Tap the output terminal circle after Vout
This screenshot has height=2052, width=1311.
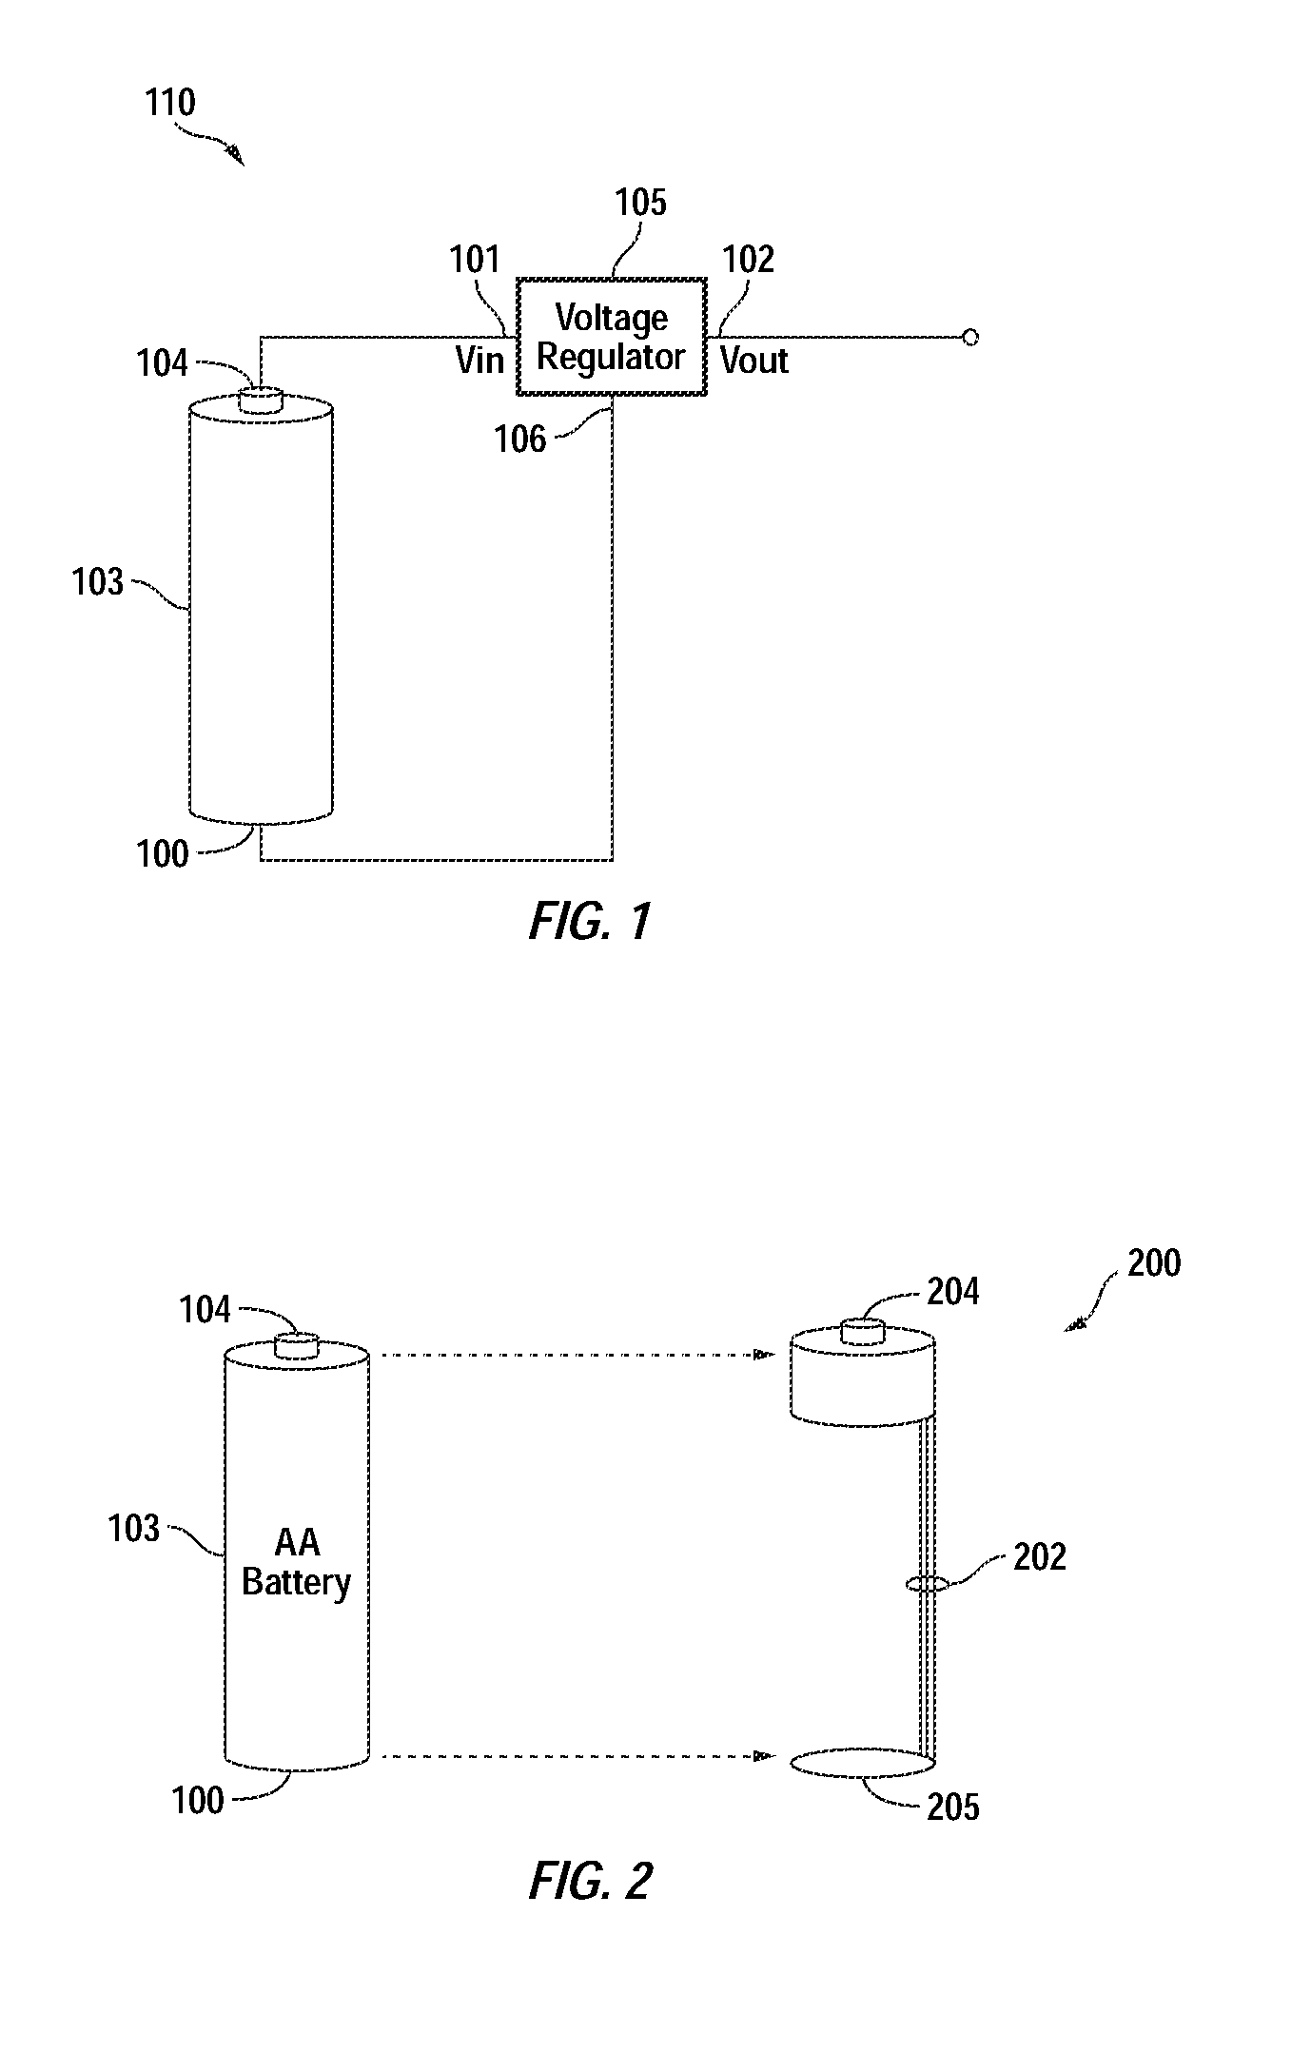point(970,337)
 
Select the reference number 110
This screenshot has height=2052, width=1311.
point(170,103)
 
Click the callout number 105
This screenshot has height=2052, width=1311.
point(640,203)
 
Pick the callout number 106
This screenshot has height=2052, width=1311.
point(520,439)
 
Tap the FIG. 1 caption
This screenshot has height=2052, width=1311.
point(591,922)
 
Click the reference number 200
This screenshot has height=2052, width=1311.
point(1154,1263)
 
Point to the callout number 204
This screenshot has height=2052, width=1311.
point(953,1292)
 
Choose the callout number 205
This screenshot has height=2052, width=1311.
point(953,1807)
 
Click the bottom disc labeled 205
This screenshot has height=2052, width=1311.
point(863,1763)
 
